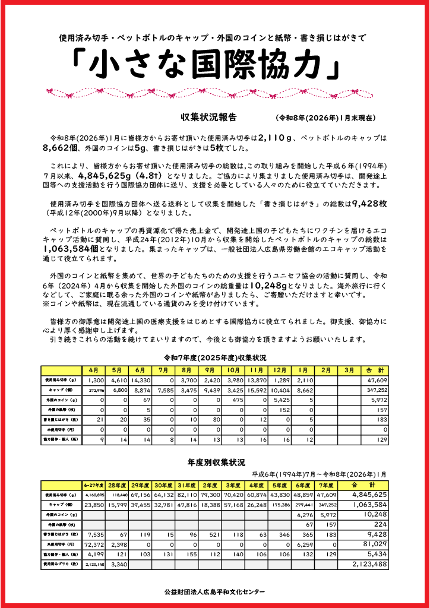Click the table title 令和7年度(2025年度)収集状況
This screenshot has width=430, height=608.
(x=215, y=358)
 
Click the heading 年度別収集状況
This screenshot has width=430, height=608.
(x=216, y=462)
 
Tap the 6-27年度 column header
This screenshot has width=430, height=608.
(x=94, y=484)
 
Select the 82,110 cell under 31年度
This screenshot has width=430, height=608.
(x=187, y=494)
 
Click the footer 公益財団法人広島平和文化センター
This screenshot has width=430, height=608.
(x=215, y=592)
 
